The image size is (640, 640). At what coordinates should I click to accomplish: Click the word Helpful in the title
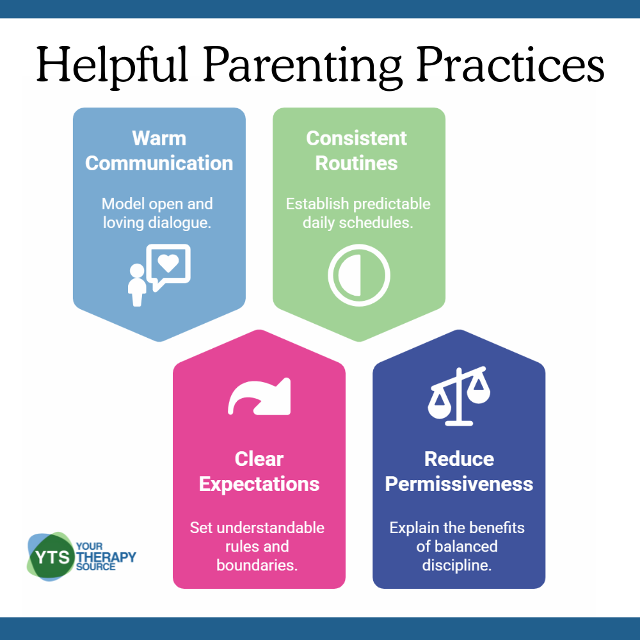(112, 66)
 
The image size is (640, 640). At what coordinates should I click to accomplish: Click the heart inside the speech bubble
(168, 262)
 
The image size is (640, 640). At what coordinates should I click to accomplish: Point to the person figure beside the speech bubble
(137, 285)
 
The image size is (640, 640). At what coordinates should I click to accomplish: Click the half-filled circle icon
(359, 275)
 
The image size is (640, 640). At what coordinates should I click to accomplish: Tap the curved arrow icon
(259, 396)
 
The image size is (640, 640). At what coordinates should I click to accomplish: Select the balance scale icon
(459, 396)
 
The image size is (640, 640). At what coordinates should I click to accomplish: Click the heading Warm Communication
(159, 150)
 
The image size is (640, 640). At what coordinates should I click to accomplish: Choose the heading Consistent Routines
(356, 150)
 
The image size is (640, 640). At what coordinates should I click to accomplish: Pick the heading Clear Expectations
(259, 472)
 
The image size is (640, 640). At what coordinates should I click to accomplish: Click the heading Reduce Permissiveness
(459, 472)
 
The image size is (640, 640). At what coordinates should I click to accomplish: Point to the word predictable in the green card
(392, 204)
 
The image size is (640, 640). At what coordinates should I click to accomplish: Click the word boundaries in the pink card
(257, 565)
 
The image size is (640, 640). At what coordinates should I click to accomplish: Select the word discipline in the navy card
(457, 565)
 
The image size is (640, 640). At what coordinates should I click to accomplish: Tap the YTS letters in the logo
(52, 557)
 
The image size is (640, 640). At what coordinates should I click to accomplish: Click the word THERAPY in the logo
(106, 557)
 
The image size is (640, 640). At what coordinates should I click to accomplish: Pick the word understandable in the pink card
(271, 528)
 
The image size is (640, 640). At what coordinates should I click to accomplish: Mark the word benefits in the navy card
(499, 528)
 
